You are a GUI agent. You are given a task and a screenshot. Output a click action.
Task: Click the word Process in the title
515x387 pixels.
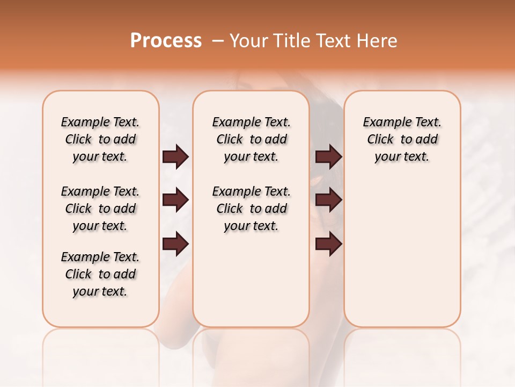point(166,41)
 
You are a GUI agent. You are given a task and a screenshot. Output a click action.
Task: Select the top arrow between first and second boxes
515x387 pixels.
point(175,156)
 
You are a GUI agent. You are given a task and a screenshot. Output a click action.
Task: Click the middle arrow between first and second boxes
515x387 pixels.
point(175,200)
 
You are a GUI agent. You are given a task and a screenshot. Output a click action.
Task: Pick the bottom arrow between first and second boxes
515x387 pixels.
point(175,245)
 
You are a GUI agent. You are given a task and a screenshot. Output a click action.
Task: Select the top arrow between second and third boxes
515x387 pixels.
point(328,156)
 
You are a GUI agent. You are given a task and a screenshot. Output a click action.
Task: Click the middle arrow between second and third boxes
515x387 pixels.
point(328,200)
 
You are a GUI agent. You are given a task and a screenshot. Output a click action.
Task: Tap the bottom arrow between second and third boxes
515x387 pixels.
point(328,245)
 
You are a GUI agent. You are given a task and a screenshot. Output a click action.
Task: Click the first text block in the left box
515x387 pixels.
point(100,139)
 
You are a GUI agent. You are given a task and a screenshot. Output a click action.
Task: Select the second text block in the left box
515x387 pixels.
point(100,209)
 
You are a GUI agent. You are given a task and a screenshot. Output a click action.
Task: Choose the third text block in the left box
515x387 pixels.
point(100,274)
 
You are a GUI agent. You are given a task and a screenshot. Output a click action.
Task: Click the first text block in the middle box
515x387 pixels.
point(251,139)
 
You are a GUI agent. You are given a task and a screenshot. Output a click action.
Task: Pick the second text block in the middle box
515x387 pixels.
point(251,209)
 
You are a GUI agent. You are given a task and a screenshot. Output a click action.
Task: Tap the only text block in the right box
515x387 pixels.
point(402,139)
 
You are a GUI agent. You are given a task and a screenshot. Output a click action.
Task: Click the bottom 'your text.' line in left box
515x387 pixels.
point(100,291)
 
